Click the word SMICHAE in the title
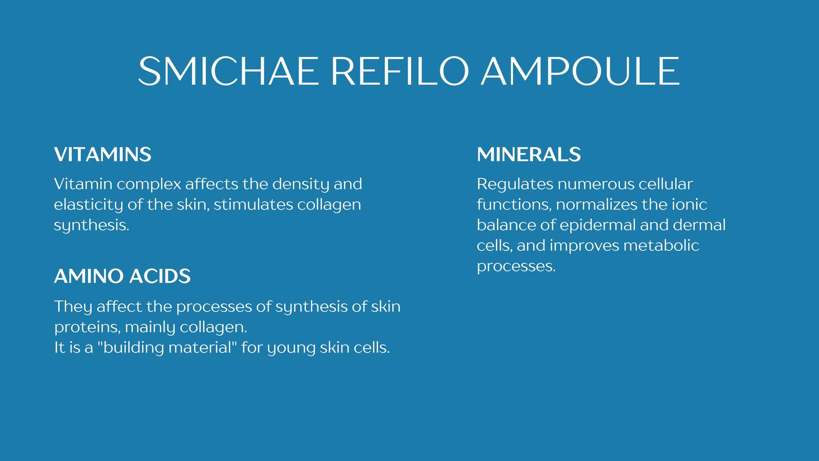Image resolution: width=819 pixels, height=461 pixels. coord(228,71)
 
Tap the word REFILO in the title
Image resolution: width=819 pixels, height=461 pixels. coord(400,71)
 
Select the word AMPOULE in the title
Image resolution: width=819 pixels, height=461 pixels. coord(580,71)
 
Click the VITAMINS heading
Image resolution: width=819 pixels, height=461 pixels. coord(103,154)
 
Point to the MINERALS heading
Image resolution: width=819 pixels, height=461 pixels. coord(529,154)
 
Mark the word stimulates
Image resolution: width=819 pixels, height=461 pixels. coord(253,204)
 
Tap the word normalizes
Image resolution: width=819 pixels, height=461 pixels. coord(597,204)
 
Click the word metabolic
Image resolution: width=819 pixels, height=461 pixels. coord(661,245)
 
